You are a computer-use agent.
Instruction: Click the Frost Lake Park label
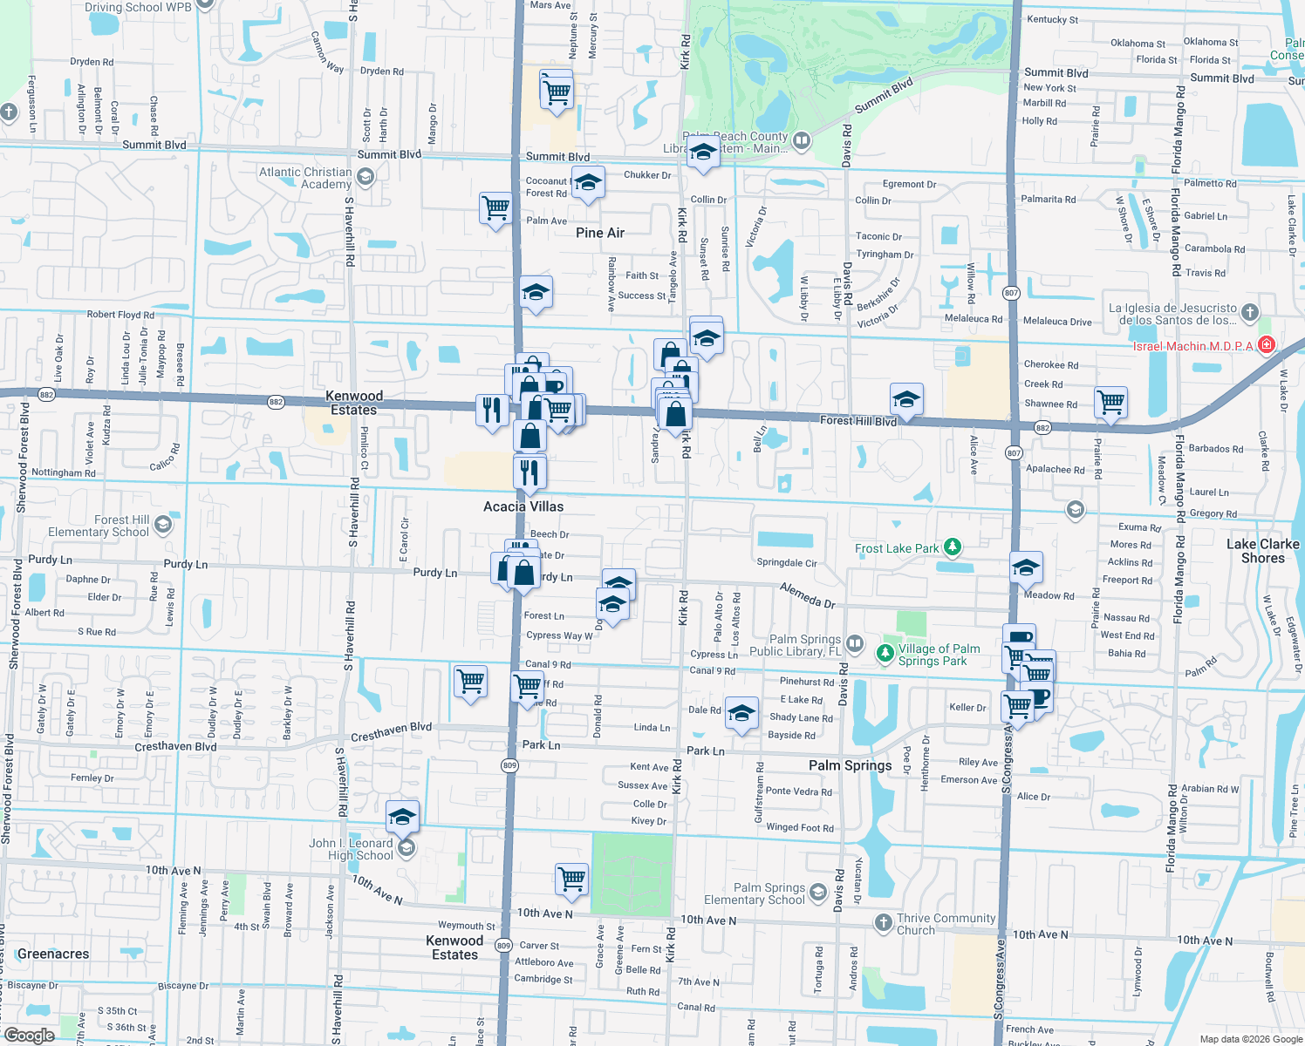(x=897, y=548)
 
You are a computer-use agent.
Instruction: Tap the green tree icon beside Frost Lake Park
(x=953, y=547)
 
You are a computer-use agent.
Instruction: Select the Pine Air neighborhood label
(x=600, y=233)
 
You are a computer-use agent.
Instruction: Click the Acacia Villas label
(x=523, y=506)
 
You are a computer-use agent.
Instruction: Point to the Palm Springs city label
(x=850, y=765)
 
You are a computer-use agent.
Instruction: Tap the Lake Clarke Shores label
(x=1262, y=551)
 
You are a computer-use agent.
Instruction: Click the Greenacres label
(x=53, y=954)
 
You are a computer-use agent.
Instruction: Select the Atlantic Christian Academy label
(x=305, y=178)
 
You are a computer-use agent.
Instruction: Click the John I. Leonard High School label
(x=352, y=849)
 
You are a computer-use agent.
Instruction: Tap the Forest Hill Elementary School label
(x=99, y=526)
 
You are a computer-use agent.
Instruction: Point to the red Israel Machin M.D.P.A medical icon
(x=1267, y=345)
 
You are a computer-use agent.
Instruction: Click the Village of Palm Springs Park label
(x=939, y=655)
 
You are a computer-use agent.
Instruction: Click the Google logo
(x=29, y=1035)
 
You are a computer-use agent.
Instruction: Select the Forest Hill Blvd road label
(x=858, y=420)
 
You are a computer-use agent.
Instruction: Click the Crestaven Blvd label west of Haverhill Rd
(x=175, y=747)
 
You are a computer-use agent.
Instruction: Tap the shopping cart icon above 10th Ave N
(x=571, y=879)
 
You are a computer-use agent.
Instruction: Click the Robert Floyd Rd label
(x=120, y=315)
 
